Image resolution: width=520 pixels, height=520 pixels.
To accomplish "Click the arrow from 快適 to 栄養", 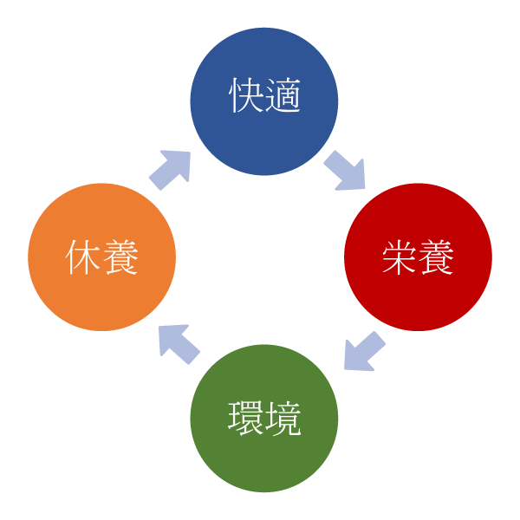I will [x=346, y=170].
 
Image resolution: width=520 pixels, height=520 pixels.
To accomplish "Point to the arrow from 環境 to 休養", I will [x=179, y=343].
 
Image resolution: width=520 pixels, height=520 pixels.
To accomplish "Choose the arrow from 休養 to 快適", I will [x=170, y=169].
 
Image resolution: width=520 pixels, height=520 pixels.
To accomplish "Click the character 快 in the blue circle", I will [x=246, y=96].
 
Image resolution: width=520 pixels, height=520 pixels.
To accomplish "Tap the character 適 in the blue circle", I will [x=283, y=96].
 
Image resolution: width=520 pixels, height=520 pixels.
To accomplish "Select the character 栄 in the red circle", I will [x=400, y=257].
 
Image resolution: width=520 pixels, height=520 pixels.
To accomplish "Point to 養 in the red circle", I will [x=436, y=257].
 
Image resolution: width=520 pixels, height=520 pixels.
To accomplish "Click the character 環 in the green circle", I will [x=246, y=418].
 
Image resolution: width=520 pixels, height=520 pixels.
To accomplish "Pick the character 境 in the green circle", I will [x=283, y=418].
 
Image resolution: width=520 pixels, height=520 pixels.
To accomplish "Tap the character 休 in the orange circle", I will [x=84, y=257].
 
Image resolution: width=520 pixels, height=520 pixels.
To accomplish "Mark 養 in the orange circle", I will [x=120, y=257].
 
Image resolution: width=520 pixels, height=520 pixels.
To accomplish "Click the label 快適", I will [x=264, y=96].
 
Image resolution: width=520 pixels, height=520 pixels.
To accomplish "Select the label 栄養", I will [x=418, y=257].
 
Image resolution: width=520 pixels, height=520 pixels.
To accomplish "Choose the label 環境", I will [x=264, y=418].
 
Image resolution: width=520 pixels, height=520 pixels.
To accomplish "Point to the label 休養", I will [x=102, y=257].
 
